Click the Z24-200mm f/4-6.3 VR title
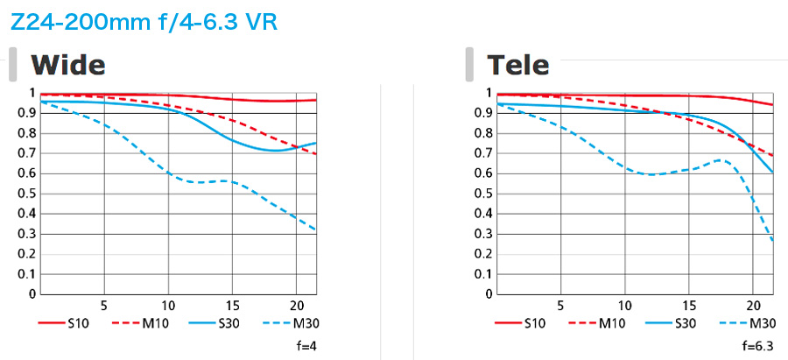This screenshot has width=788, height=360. pos(144,21)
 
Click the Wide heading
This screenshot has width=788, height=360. pos(67,64)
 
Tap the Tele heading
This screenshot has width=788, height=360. pos(518,64)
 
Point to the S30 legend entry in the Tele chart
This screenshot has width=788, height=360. pos(679,324)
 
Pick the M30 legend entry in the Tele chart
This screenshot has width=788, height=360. pos(752,324)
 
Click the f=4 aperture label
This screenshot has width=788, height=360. pos(307,347)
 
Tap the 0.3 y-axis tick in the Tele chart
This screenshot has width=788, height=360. pos(482,234)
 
